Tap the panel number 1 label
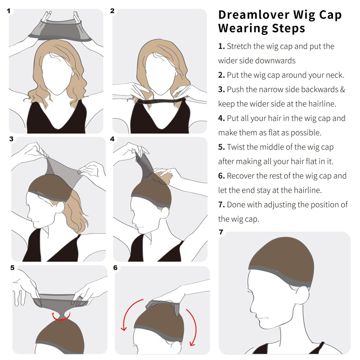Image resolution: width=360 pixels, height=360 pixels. point(9,11)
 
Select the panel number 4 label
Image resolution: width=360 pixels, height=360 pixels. point(112,139)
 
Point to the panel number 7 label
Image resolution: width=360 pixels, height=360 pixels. point(221,232)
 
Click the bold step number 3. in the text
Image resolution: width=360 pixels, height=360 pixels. point(221,89)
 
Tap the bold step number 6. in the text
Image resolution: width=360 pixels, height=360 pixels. point(221,176)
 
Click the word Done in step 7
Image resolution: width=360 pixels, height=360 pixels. point(236,204)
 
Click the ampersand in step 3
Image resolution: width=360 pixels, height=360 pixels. point(342,89)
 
